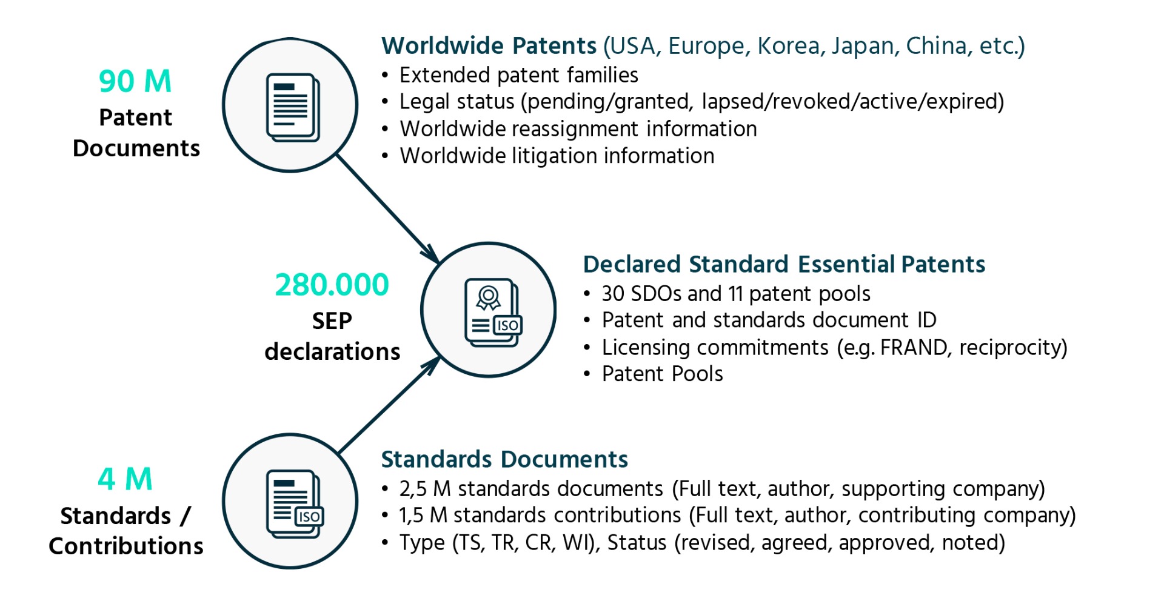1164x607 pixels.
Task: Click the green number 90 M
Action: [x=135, y=81]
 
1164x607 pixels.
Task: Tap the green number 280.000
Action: [x=332, y=285]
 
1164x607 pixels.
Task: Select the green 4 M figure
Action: [x=125, y=479]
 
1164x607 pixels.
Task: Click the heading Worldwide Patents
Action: [x=489, y=46]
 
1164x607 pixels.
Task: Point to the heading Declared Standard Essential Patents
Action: [x=784, y=264]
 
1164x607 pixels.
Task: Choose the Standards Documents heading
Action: [x=504, y=459]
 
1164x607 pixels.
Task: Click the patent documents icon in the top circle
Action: [x=293, y=107]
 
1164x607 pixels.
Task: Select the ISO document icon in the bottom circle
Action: [x=295, y=504]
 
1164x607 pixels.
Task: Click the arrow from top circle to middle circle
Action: [x=388, y=208]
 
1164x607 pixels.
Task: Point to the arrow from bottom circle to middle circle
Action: [x=389, y=405]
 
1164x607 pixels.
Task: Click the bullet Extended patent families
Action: [x=518, y=75]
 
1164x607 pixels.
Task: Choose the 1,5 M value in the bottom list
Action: [x=423, y=516]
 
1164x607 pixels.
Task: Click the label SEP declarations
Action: [x=332, y=336]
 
